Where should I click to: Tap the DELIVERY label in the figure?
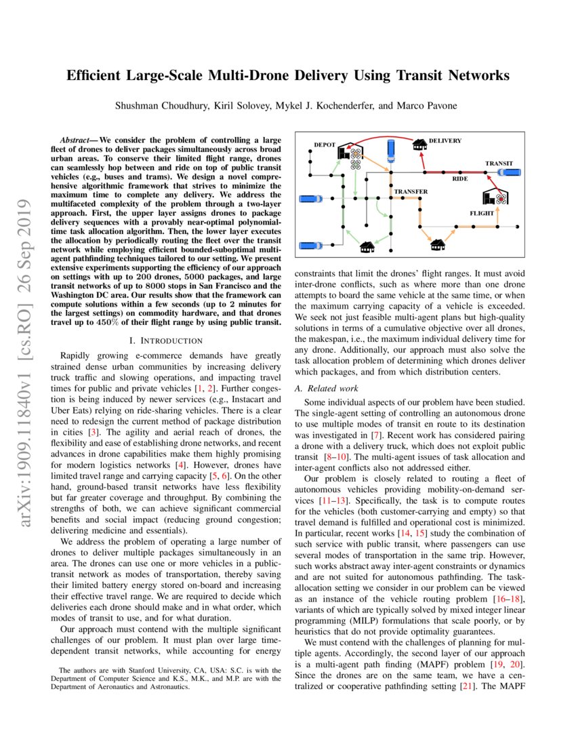445,141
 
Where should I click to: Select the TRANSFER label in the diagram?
411,192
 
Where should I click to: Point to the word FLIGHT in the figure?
482,213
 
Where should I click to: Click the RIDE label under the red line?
460,178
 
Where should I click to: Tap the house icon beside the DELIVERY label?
420,144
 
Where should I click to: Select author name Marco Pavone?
437,105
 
